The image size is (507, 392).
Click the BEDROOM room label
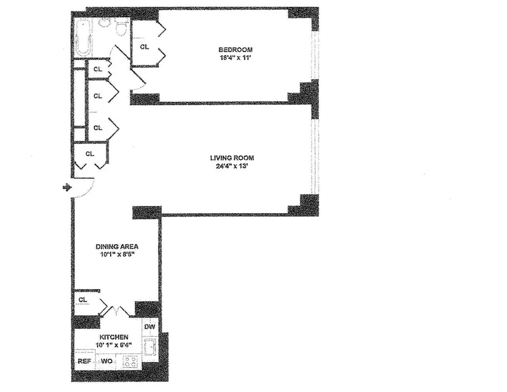[x=235, y=49]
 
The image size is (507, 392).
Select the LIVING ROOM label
[x=232, y=158]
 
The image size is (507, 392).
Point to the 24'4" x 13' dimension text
[x=232, y=166]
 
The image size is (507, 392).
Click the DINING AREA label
[x=116, y=246]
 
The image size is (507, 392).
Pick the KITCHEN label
[x=114, y=337]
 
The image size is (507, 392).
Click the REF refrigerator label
[x=84, y=362]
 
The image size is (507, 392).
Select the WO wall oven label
[x=106, y=362]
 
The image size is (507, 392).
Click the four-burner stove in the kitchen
[x=130, y=362]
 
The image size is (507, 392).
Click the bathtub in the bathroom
[x=84, y=38]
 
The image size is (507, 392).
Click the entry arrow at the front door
[x=68, y=187]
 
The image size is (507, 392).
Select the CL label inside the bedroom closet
[x=144, y=47]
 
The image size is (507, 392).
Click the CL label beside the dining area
[x=83, y=299]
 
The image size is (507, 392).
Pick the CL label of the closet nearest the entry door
[x=90, y=154]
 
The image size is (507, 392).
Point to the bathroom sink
[x=104, y=23]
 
